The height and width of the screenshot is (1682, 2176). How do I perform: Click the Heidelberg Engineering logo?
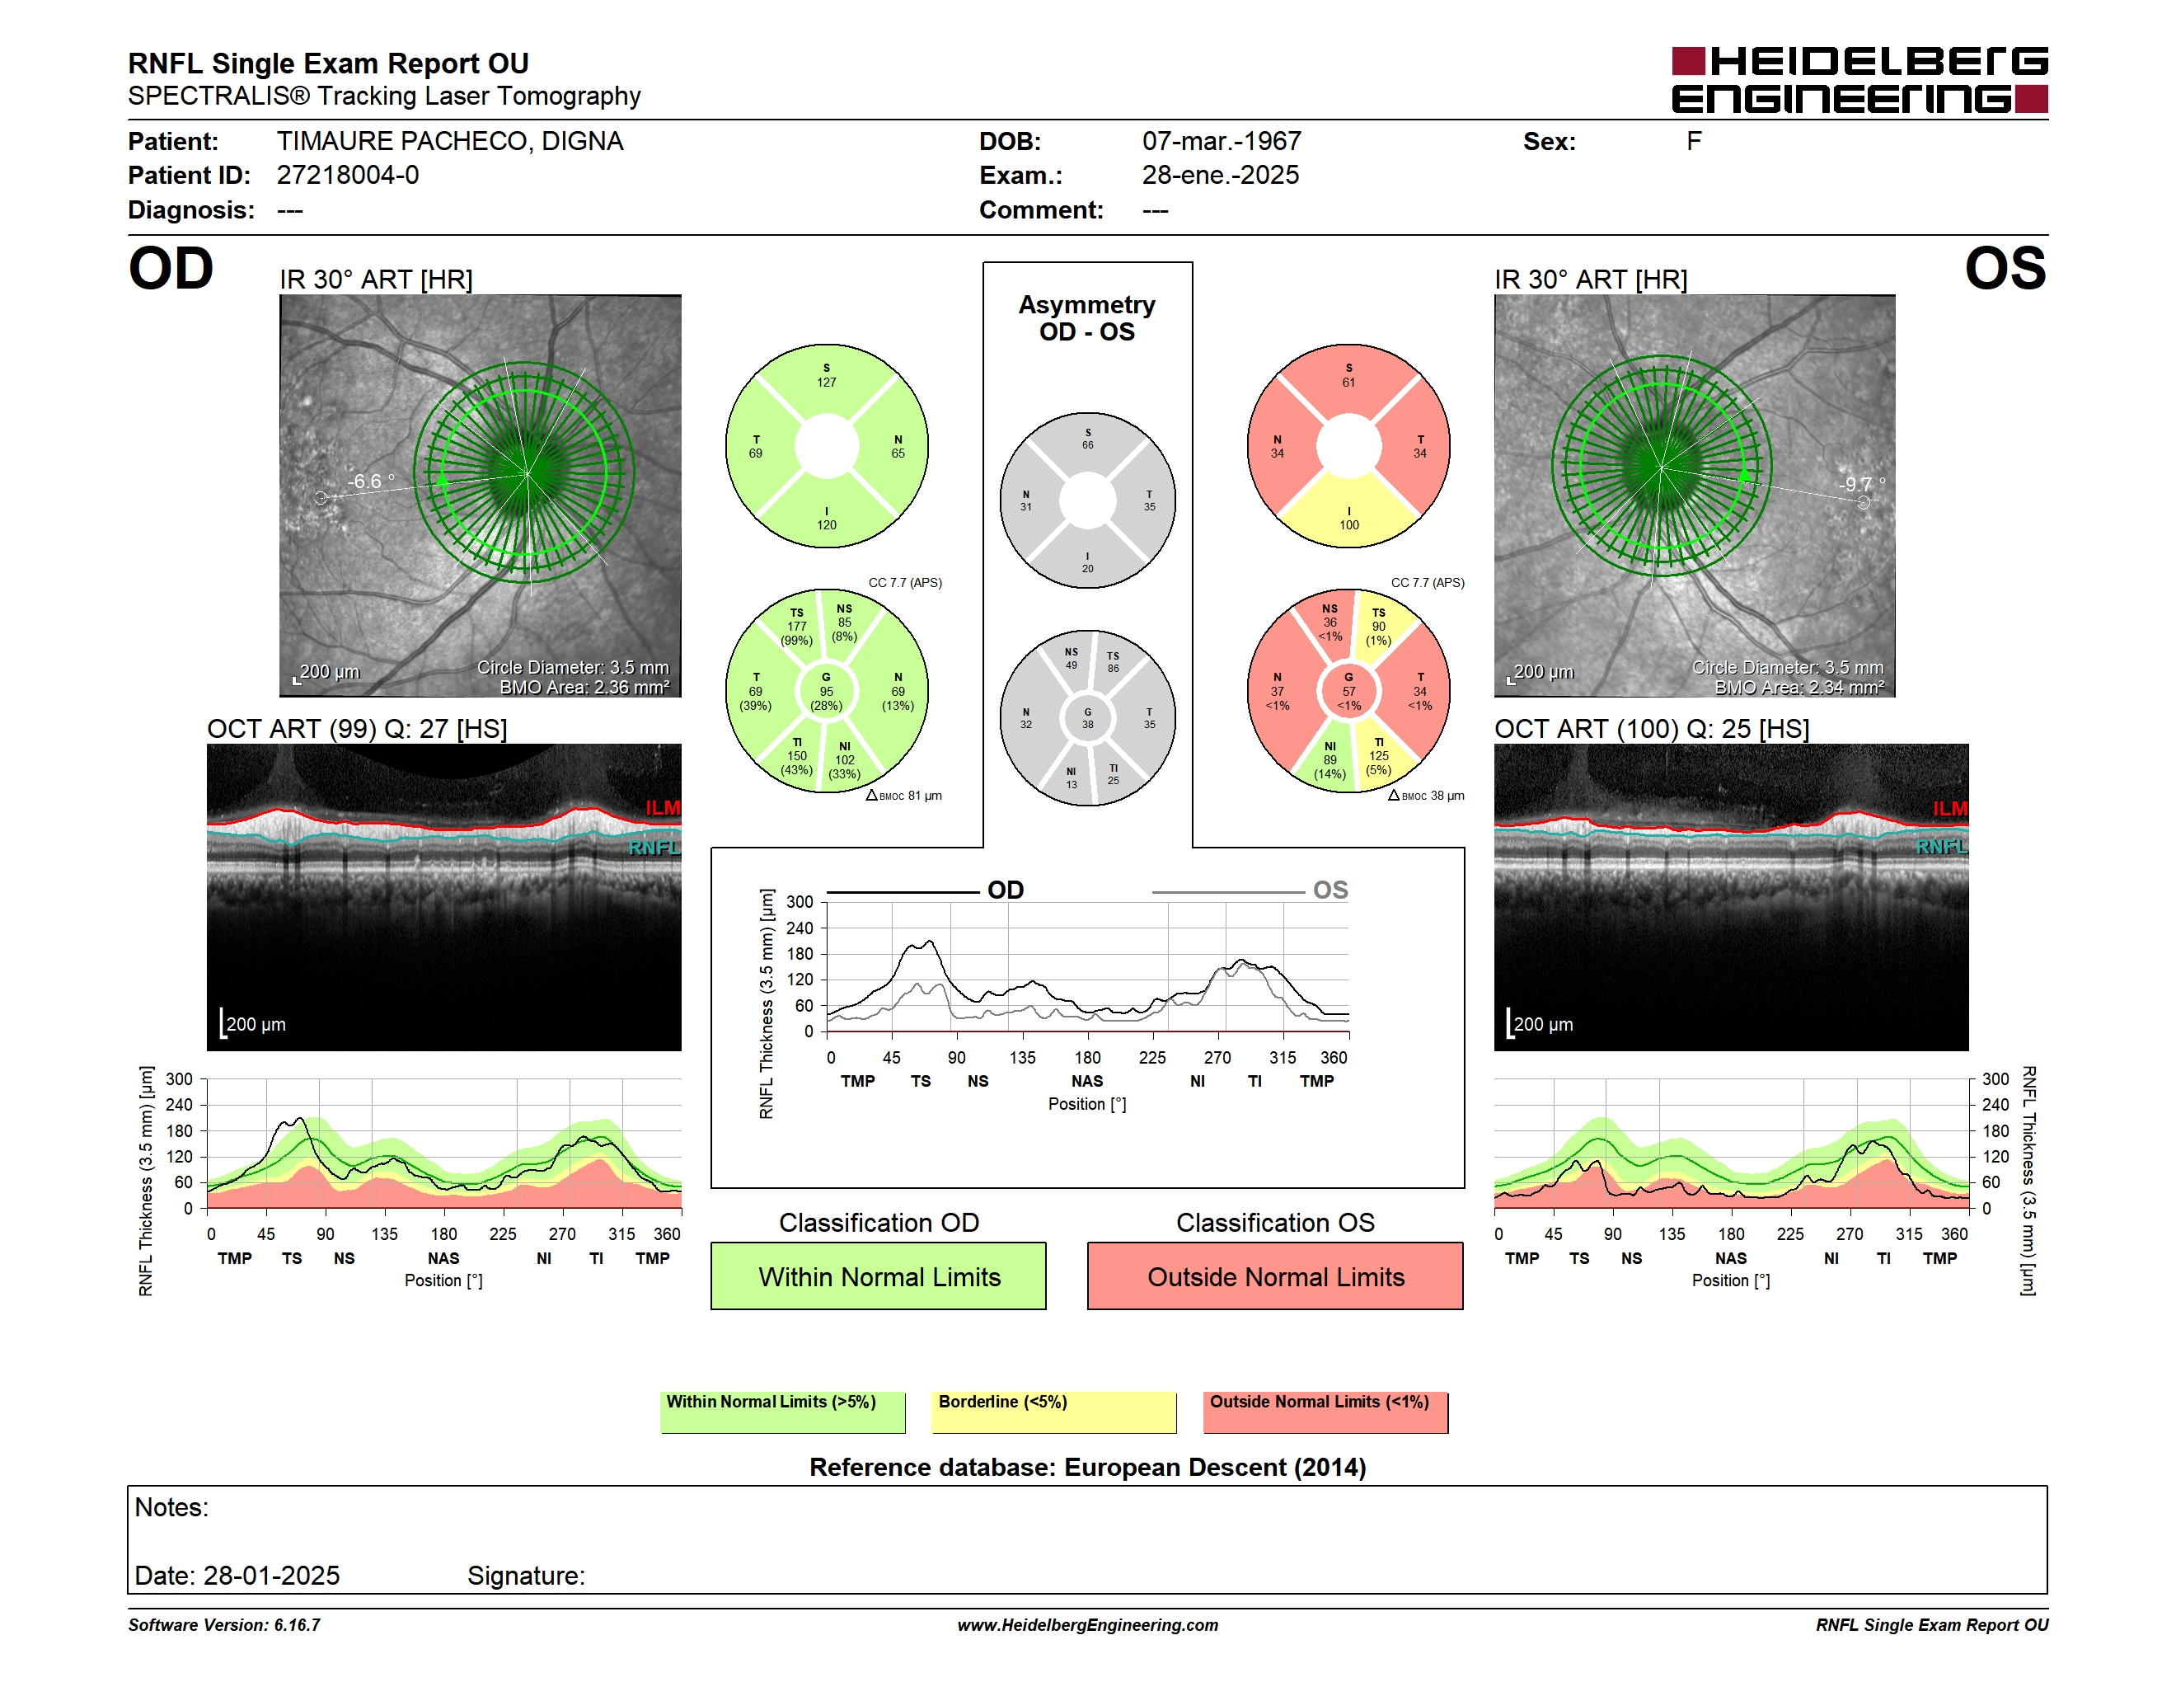pyautogui.click(x=1859, y=80)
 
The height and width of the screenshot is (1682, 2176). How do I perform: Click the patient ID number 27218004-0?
pyautogui.click(x=348, y=176)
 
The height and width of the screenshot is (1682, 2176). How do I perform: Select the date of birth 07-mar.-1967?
pyautogui.click(x=1222, y=142)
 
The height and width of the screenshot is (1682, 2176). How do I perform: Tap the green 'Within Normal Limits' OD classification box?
pyautogui.click(x=878, y=1276)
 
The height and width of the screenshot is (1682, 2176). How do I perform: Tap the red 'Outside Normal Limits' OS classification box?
pyautogui.click(x=1275, y=1276)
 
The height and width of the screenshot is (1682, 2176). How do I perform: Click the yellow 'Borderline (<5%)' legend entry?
pyautogui.click(x=1053, y=1411)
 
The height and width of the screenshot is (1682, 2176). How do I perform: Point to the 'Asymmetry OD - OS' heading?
pyautogui.click(x=1087, y=318)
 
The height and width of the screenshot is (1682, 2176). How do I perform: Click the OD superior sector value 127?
pyautogui.click(x=827, y=383)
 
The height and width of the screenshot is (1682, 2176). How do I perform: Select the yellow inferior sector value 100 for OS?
pyautogui.click(x=1349, y=525)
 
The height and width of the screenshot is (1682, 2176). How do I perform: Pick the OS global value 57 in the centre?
pyautogui.click(x=1349, y=692)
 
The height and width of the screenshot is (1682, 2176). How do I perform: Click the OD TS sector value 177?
pyautogui.click(x=797, y=627)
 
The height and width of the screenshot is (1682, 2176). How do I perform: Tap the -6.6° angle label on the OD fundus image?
pyautogui.click(x=371, y=482)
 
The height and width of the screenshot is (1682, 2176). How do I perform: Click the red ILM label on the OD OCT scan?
pyautogui.click(x=663, y=807)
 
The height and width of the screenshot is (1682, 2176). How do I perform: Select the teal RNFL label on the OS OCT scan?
pyautogui.click(x=1942, y=846)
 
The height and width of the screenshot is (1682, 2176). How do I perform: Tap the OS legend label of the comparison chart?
pyautogui.click(x=1330, y=890)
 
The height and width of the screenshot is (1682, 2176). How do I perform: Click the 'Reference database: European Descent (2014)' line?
pyautogui.click(x=1087, y=1467)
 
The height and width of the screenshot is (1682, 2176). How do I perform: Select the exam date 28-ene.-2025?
pyautogui.click(x=1221, y=176)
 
